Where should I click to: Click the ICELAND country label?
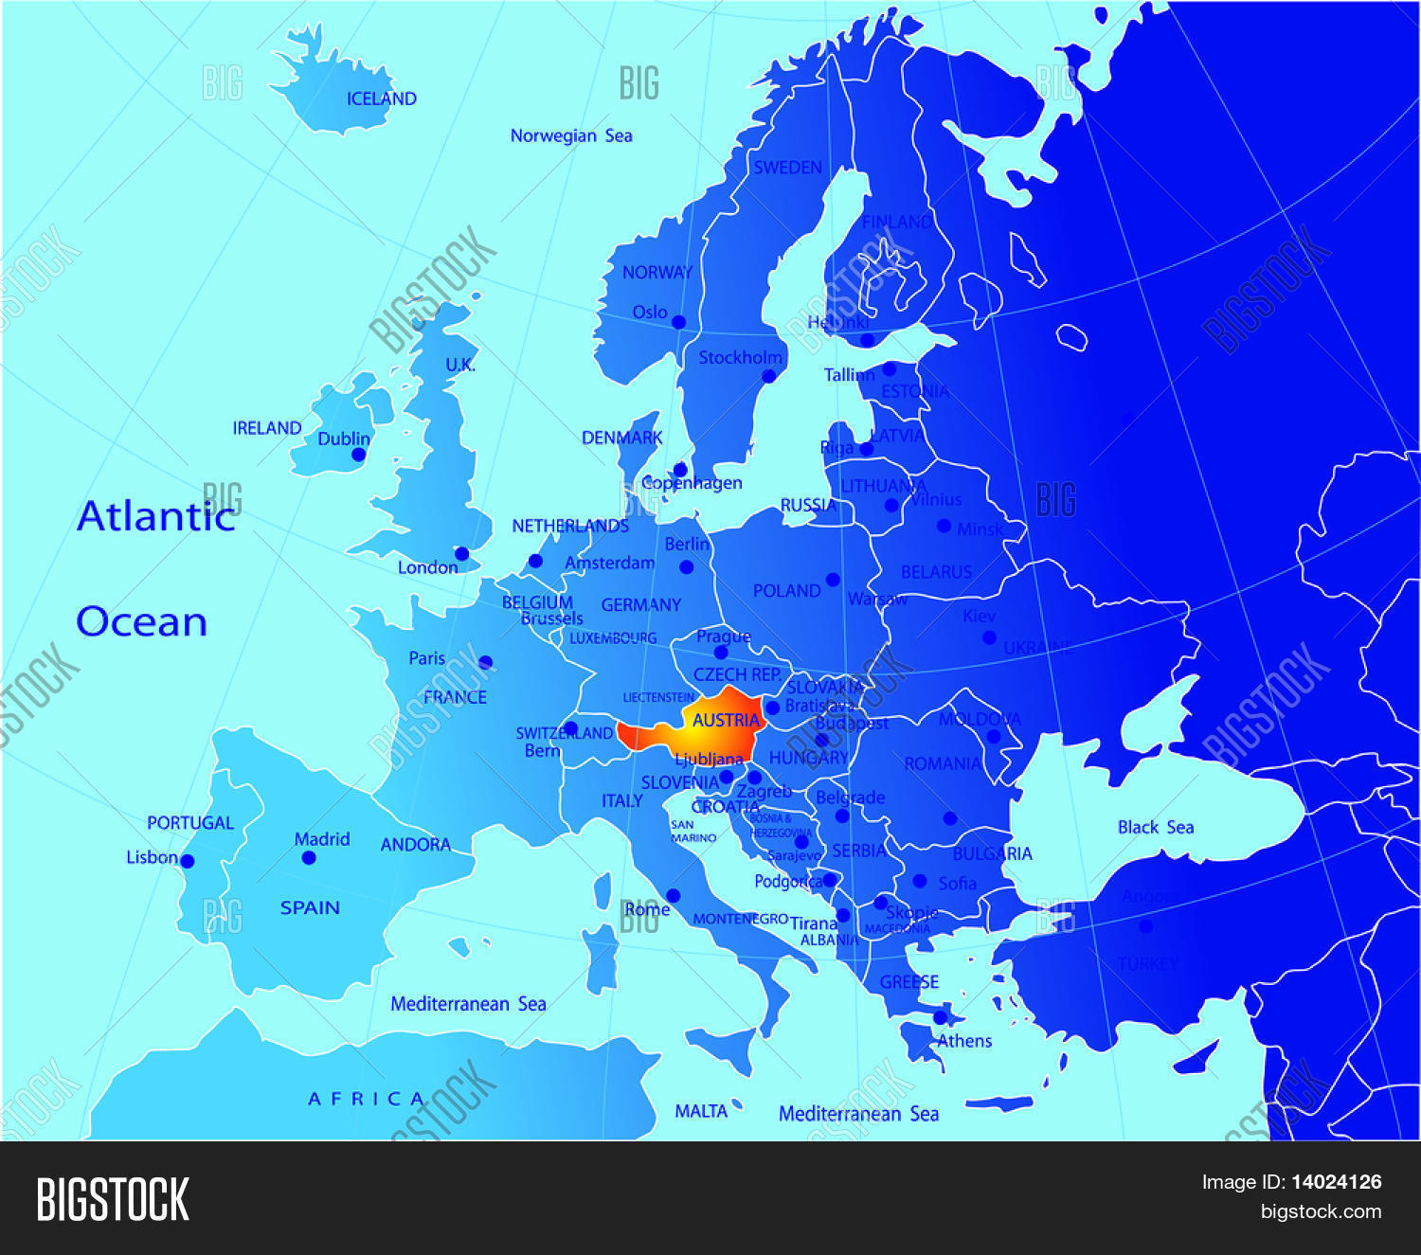(381, 99)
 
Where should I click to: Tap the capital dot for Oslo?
(678, 322)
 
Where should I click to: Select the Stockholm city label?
(740, 357)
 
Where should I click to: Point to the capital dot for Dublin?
(358, 455)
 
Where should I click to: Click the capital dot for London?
(461, 553)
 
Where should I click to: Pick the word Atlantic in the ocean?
(155, 516)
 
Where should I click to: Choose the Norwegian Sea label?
(570, 135)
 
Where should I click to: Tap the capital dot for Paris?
(486, 662)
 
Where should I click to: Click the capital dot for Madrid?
(309, 858)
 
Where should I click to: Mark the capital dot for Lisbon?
(188, 861)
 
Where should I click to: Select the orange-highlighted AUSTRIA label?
(726, 721)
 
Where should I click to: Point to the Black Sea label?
(1155, 827)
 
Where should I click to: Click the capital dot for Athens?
(940, 1017)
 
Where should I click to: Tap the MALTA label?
(701, 1111)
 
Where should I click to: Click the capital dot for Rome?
(673, 896)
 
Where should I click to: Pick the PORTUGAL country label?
(189, 823)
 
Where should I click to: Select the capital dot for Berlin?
(687, 567)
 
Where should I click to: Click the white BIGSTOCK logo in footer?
(113, 1199)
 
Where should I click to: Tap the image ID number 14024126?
(1336, 1181)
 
